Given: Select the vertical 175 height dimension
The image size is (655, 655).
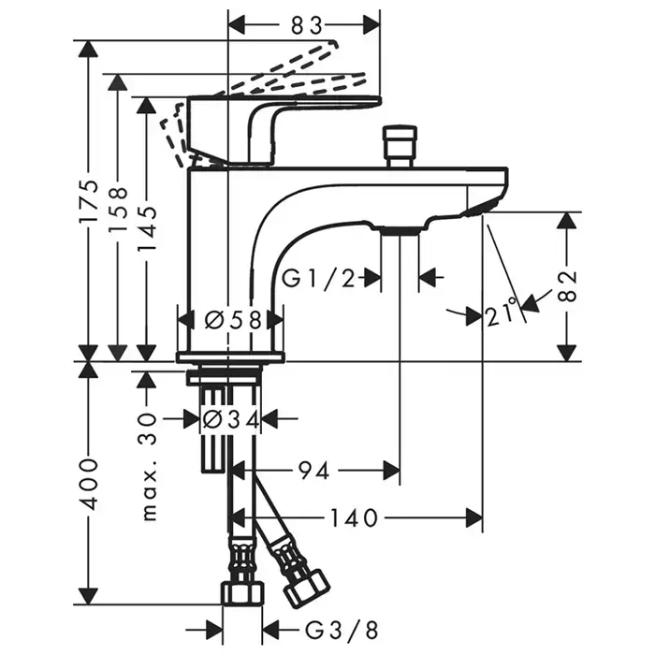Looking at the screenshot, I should coord(88,202).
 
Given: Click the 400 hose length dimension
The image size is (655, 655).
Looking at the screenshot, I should coord(88,483).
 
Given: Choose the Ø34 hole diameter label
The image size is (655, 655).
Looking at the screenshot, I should coord(230,419).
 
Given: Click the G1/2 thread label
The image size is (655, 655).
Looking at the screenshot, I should coord(319,277).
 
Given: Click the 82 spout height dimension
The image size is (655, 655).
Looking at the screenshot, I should coord(568,286).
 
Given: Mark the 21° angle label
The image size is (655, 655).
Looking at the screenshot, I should coord(502,314).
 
